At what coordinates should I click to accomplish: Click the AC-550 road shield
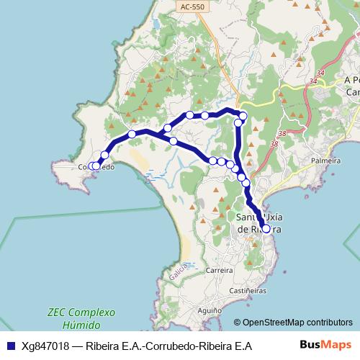tap(192, 6)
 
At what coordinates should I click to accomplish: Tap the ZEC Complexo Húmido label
tap(81, 320)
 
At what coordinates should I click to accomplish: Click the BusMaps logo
tap(325, 345)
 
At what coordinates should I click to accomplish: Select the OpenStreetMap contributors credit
tap(293, 323)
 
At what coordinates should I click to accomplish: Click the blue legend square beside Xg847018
tap(9, 346)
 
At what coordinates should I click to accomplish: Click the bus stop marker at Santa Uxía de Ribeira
tap(266, 229)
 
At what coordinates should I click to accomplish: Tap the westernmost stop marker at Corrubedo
tap(91, 166)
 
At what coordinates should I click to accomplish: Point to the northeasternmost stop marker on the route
tap(243, 115)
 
